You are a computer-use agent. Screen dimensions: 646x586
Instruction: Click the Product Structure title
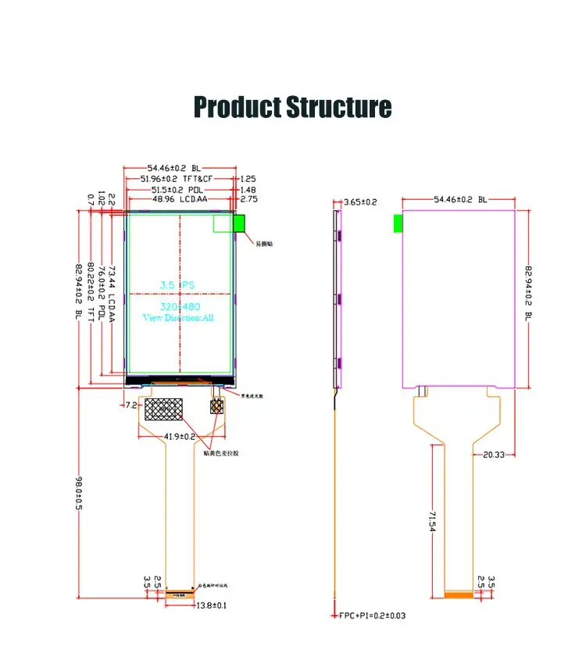(292, 106)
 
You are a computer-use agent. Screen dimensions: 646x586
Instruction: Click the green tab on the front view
(239, 223)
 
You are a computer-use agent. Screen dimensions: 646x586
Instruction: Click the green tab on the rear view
(398, 223)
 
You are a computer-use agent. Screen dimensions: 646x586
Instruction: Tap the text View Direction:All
(178, 317)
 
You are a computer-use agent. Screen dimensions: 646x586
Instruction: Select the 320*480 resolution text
(178, 306)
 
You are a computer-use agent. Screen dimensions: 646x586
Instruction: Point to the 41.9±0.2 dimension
(180, 436)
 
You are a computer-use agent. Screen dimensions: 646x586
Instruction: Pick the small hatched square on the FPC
(216, 406)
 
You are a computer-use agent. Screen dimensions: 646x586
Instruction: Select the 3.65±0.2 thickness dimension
(360, 202)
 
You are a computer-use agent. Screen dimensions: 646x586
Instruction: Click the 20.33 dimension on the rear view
(494, 453)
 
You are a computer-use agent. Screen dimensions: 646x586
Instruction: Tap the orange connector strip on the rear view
(459, 595)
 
